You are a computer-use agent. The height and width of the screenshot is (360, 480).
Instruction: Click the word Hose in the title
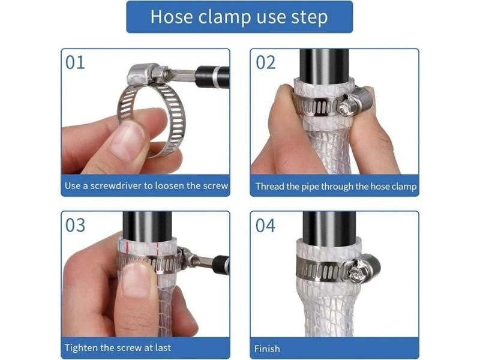pos(172,17)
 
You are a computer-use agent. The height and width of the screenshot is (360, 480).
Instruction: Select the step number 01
pos(75,63)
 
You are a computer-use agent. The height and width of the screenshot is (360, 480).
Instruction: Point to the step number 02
pos(266,63)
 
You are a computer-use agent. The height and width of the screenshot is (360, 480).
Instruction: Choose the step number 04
pos(265,226)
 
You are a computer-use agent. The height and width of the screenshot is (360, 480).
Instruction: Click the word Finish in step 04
pos(267,349)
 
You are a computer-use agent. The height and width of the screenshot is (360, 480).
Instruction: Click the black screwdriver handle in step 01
pos(212,77)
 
